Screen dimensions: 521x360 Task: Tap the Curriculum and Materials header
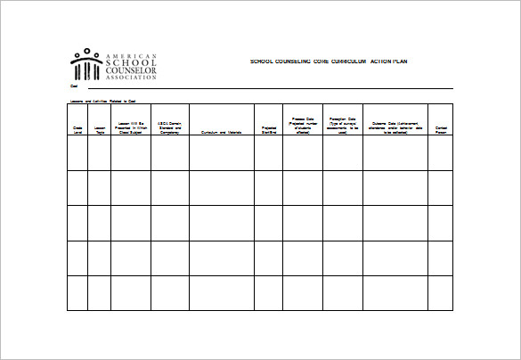pos(221,132)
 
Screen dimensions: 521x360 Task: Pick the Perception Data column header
pos(343,126)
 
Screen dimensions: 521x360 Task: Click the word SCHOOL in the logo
pos(130,62)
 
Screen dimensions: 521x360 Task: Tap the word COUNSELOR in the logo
pos(131,70)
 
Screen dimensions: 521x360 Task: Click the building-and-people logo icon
pos(86,65)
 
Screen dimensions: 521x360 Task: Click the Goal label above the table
pos(74,87)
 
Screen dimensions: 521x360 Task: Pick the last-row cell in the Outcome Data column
pos(395,293)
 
